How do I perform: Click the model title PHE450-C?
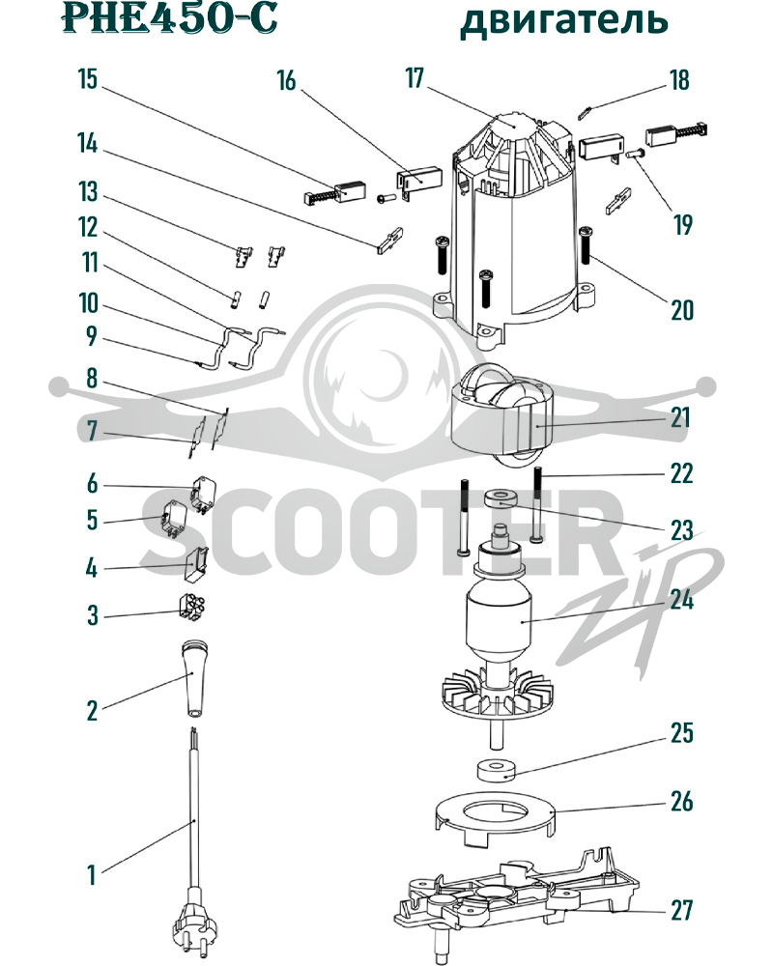169,18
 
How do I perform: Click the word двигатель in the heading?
564,20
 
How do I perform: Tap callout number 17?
415,78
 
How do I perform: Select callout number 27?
682,910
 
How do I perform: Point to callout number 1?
92,875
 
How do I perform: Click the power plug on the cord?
191,926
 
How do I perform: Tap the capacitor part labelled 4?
197,564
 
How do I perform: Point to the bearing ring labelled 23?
501,498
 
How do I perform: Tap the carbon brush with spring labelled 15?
327,194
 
